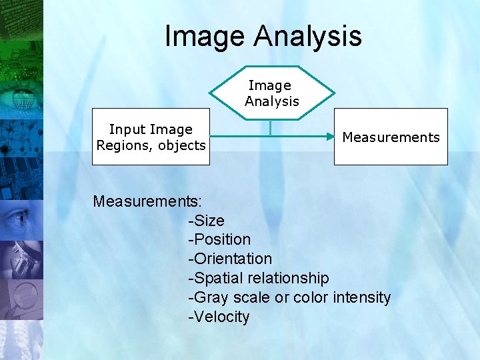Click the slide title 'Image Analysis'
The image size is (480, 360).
coord(263,36)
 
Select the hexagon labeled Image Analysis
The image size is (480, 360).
coord(272,93)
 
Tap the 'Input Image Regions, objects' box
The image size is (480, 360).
coord(151,137)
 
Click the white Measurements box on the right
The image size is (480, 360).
coord(391,137)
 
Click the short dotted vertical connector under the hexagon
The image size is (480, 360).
coord(270,127)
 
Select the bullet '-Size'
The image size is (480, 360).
coord(207,221)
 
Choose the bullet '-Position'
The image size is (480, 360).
coord(219,239)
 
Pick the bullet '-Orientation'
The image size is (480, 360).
coord(230,259)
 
